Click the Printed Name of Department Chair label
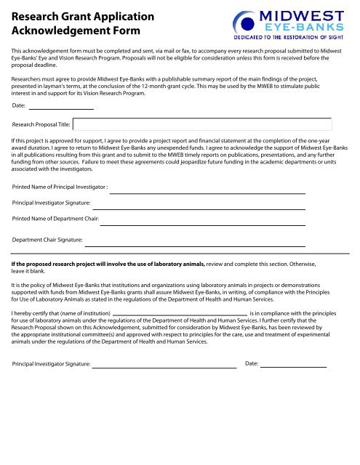[x=56, y=217]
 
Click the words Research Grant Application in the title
[x=72, y=16]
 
